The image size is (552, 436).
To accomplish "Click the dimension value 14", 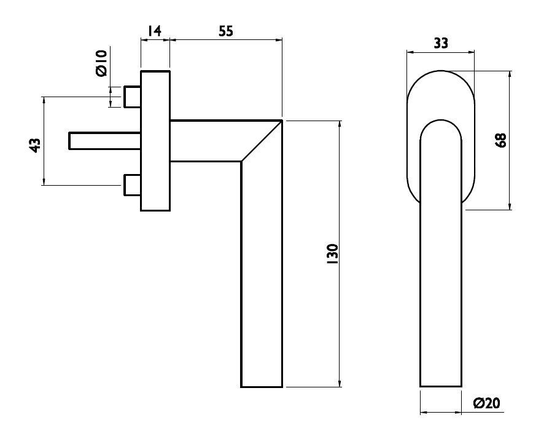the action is (155, 31).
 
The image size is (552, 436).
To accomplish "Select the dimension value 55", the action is (226, 31).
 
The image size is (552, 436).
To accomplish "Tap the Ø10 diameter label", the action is (101, 63).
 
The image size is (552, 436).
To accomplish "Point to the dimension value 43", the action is (35, 146).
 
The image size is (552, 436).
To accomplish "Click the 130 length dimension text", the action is (332, 254).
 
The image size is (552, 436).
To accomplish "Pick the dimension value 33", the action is (441, 43).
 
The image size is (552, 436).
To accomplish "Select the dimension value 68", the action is (500, 140).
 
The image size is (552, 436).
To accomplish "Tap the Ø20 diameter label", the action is (487, 403).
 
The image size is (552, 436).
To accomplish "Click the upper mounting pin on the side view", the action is (133, 97).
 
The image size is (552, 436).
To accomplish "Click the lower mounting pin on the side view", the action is (133, 184).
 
